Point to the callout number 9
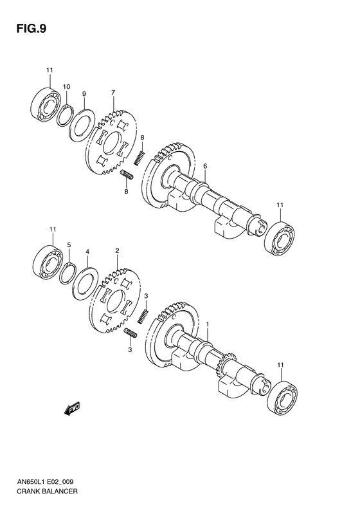click(x=84, y=95)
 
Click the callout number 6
click(x=204, y=166)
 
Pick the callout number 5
click(x=68, y=245)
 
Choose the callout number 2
click(x=116, y=250)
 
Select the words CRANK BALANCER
click(x=49, y=490)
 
